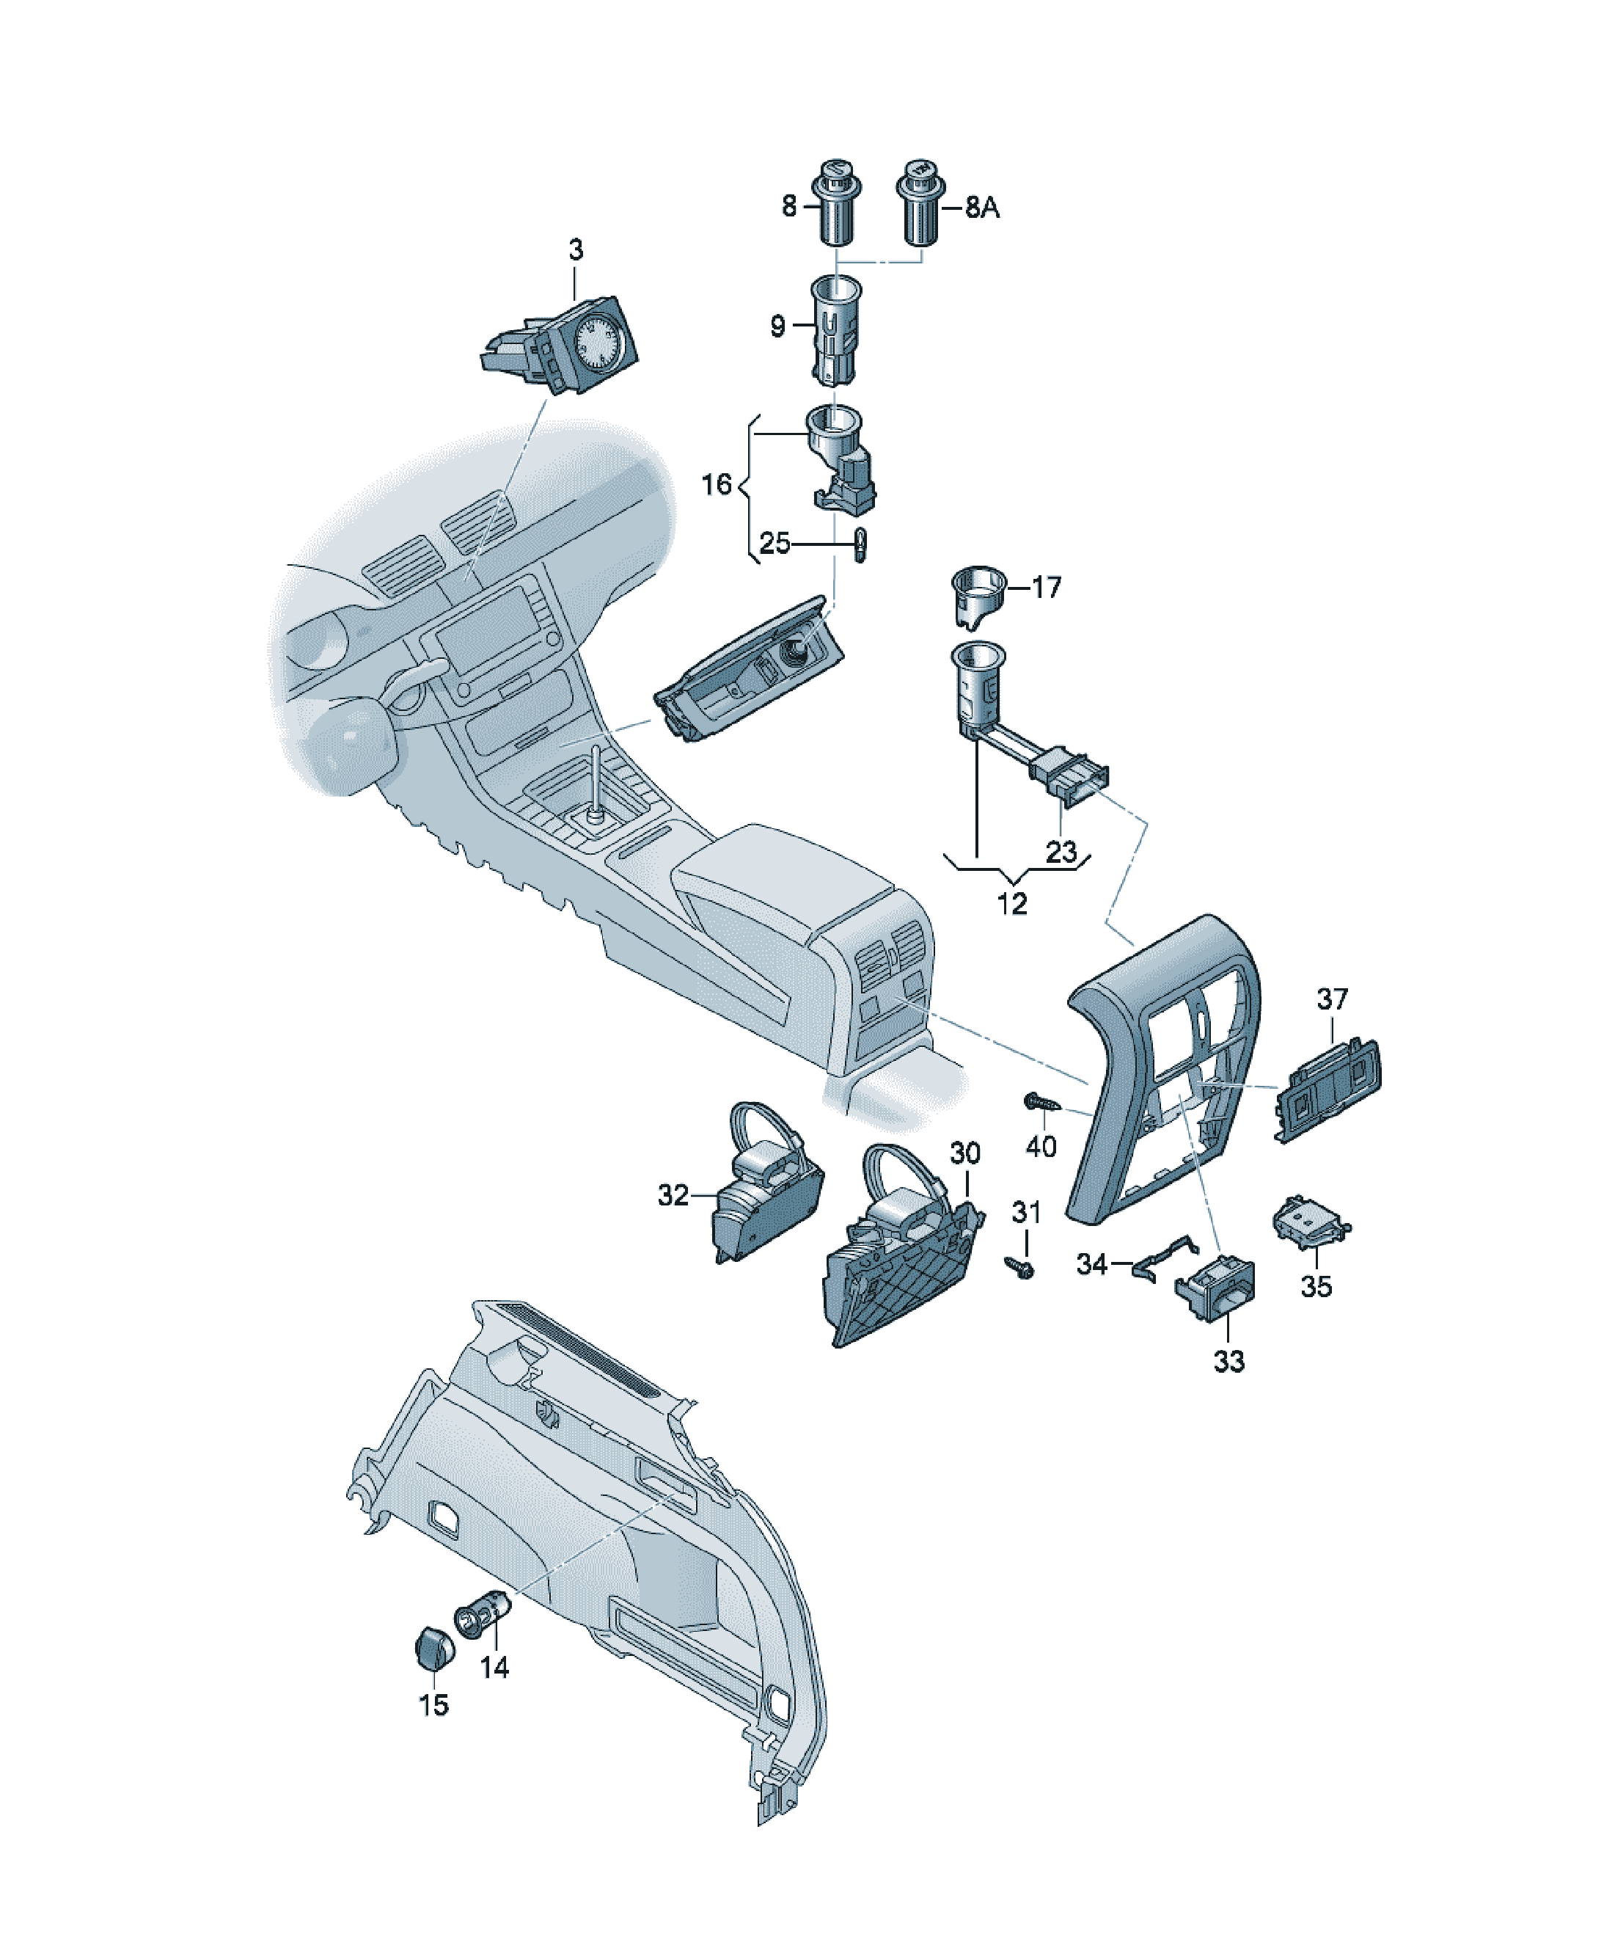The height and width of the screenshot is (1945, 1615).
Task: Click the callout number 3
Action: (576, 249)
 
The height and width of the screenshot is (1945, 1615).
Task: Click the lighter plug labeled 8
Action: (836, 201)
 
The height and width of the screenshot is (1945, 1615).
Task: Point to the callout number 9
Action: (778, 326)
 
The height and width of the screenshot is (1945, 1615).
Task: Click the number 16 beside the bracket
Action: (717, 483)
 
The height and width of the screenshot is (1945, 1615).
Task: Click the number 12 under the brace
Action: (1012, 903)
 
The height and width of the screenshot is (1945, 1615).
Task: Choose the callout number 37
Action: (1333, 999)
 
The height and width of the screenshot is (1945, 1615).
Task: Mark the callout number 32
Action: (673, 1196)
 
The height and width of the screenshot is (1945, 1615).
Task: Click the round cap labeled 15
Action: (433, 1647)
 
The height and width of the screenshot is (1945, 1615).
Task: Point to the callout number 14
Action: (494, 1668)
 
